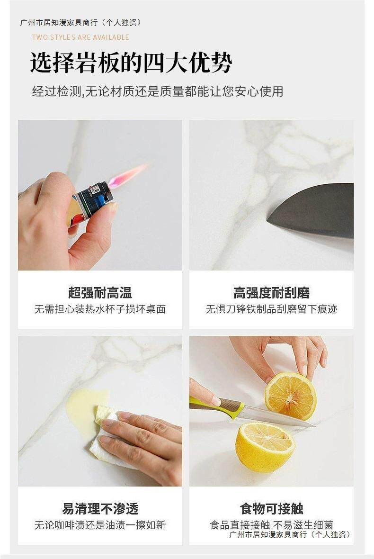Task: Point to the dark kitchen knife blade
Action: [312, 210]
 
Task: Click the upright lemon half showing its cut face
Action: [290, 396]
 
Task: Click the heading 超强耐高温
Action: [100, 293]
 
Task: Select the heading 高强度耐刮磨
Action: [271, 293]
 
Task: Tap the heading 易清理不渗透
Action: [100, 508]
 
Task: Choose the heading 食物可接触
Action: [271, 508]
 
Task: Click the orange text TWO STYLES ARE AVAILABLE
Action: [80, 37]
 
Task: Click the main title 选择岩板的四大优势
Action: [132, 63]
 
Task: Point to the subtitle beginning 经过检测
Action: [158, 91]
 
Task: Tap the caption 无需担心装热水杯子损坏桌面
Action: [100, 309]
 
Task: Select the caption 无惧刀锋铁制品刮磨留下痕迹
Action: [271, 309]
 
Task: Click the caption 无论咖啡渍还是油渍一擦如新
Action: [100, 525]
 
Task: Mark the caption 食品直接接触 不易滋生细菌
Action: [271, 525]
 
